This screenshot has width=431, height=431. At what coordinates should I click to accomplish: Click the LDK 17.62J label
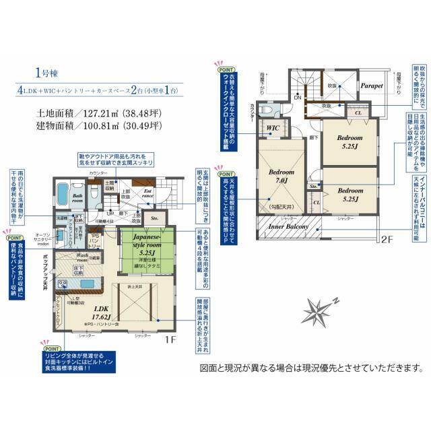tap(88, 309)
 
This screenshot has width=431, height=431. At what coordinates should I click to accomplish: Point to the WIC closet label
tap(272, 127)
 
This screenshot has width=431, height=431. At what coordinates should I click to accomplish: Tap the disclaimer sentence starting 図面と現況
tap(311, 368)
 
